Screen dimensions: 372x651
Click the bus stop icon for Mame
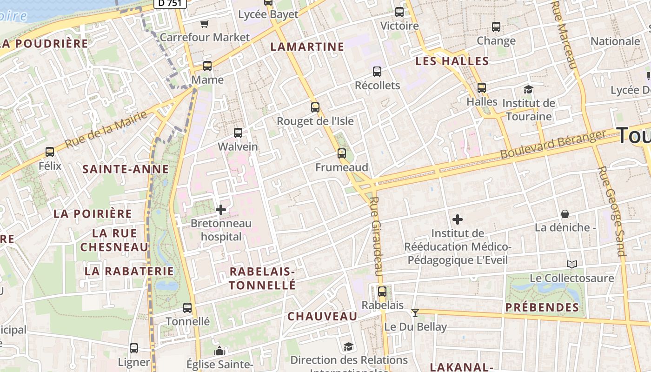pyautogui.click(x=207, y=66)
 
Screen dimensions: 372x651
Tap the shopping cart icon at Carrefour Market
pyautogui.click(x=204, y=24)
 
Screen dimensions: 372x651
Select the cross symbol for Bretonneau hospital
pyautogui.click(x=221, y=210)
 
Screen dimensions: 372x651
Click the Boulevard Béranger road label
pyautogui.click(x=553, y=144)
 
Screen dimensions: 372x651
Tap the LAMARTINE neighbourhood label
pyautogui.click(x=307, y=46)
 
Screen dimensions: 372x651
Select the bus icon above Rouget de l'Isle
pyautogui.click(x=315, y=107)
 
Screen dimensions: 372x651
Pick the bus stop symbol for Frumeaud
pyautogui.click(x=342, y=153)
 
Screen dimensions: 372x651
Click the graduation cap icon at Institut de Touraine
pyautogui.click(x=528, y=89)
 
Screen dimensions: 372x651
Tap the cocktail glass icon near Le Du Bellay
pyautogui.click(x=415, y=313)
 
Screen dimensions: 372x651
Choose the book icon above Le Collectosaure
pyautogui.click(x=572, y=265)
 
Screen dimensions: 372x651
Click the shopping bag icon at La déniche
pyautogui.click(x=565, y=214)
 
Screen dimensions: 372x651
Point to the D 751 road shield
pyautogui.click(x=170, y=3)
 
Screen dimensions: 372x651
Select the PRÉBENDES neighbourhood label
pyautogui.click(x=542, y=307)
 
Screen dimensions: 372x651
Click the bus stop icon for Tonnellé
pyautogui.click(x=187, y=308)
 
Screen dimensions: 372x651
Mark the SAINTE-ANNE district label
pyautogui.click(x=126, y=169)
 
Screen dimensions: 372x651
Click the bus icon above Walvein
pyautogui.click(x=238, y=133)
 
